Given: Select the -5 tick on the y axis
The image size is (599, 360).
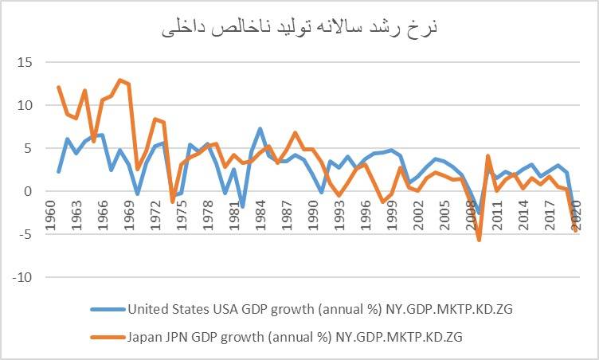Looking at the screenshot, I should [x=24, y=234].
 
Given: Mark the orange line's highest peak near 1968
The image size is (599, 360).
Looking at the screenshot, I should [x=119, y=80].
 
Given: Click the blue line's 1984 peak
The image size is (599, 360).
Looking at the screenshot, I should [x=260, y=128].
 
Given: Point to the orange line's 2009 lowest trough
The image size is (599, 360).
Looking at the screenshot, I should [x=479, y=239].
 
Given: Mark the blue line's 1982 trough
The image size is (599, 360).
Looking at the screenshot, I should [x=242, y=206].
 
